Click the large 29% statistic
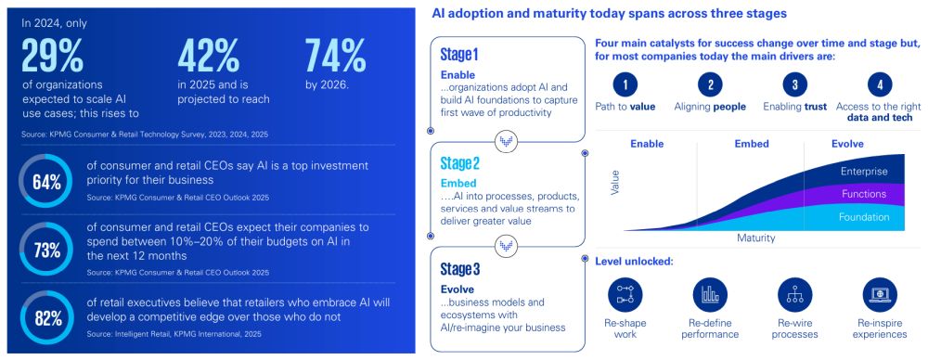tap(53, 55)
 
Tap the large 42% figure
tap(208, 55)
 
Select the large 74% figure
tap(335, 55)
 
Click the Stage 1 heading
tap(459, 55)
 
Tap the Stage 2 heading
tap(460, 162)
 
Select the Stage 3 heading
tap(460, 270)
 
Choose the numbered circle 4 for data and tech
tap(880, 85)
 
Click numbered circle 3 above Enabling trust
tap(795, 85)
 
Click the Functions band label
tap(864, 194)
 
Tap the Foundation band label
tap(864, 217)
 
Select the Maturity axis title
tap(755, 238)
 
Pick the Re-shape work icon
tap(625, 294)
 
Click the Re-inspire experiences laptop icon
tap(880, 294)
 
